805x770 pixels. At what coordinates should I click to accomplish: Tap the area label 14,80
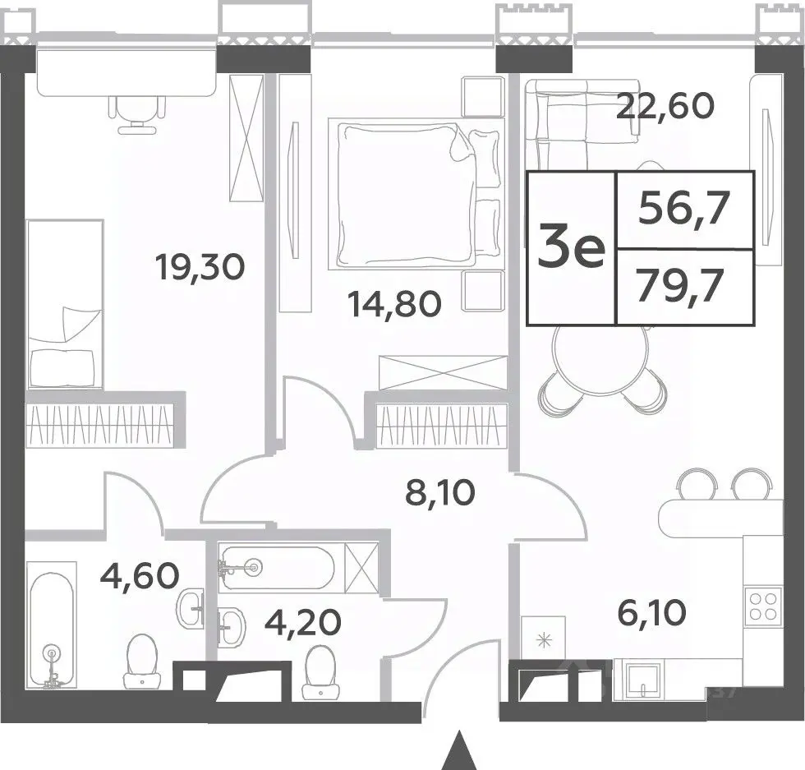394,304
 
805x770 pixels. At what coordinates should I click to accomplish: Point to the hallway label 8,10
440,493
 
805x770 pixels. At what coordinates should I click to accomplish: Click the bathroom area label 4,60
140,575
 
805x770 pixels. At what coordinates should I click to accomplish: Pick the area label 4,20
303,622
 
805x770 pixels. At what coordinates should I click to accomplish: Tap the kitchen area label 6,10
652,613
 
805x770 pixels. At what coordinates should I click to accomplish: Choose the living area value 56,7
683,209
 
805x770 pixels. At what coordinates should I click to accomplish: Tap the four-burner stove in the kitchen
763,606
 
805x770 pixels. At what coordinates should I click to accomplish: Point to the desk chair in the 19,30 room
138,114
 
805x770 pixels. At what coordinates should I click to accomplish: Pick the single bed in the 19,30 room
64,304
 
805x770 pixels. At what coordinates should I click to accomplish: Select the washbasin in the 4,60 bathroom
191,607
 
